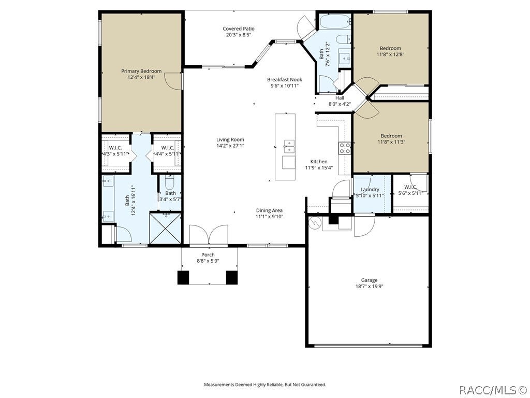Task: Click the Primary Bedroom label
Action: tap(141, 71)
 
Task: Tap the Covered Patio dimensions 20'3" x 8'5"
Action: tap(239, 35)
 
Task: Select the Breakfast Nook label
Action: tap(285, 79)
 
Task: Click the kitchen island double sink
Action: tap(289, 147)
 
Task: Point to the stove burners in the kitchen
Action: tap(344, 148)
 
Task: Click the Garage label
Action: tap(369, 280)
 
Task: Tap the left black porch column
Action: tap(183, 278)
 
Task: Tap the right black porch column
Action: tap(232, 278)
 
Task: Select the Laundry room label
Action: tap(370, 190)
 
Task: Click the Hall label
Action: tap(340, 98)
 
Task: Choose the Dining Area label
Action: tap(269, 210)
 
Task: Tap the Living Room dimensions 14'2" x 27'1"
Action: tap(230, 146)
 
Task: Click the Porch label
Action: tap(208, 255)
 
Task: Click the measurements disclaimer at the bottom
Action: tap(265, 385)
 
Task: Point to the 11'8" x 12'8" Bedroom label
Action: tap(390, 48)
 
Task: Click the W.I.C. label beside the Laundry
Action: tap(410, 187)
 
